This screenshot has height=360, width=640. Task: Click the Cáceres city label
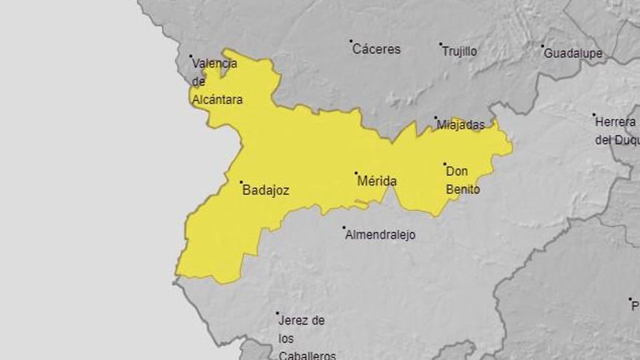click(x=377, y=49)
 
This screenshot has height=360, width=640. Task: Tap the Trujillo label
click(x=460, y=52)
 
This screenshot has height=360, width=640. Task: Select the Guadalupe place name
click(x=573, y=54)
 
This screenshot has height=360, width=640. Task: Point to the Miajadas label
click(x=461, y=125)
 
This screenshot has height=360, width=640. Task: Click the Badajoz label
click(x=265, y=191)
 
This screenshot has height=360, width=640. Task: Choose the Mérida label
click(x=377, y=181)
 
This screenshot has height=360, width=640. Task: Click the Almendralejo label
click(x=380, y=236)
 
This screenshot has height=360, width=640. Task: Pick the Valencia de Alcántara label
click(x=216, y=81)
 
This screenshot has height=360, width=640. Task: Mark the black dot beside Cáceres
click(x=351, y=41)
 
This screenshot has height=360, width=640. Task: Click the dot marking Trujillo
click(x=441, y=44)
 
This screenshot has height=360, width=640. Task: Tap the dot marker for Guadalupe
click(x=543, y=47)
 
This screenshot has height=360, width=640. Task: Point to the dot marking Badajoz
click(x=241, y=183)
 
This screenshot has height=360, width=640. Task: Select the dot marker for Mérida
click(x=356, y=173)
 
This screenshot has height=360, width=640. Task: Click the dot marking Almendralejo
click(x=344, y=228)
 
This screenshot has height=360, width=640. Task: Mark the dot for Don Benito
click(x=445, y=164)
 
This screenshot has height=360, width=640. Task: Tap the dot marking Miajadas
click(x=436, y=118)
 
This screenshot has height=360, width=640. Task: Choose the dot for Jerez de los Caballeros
click(x=277, y=313)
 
